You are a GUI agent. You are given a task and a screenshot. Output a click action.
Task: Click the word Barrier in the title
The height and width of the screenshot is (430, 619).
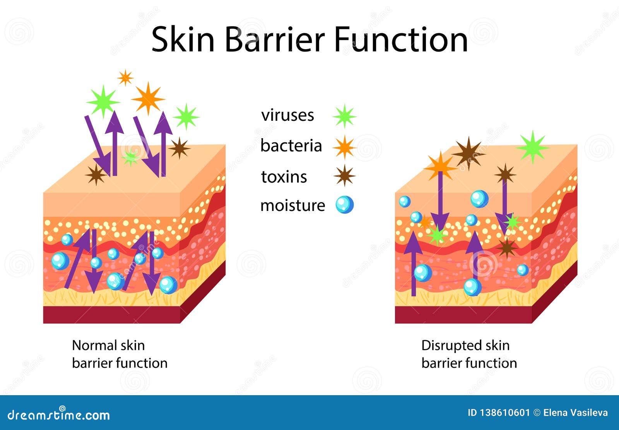pyautogui.click(x=275, y=39)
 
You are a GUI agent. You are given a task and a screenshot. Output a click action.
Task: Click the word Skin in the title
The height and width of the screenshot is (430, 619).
pyautogui.click(x=183, y=39)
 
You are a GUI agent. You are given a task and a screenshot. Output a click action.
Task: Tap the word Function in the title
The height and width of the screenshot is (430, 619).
pyautogui.click(x=401, y=39)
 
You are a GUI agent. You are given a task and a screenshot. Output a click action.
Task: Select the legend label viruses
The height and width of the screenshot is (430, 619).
pyautogui.click(x=287, y=115)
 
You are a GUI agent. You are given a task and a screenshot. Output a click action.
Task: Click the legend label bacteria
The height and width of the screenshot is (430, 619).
pyautogui.click(x=291, y=146)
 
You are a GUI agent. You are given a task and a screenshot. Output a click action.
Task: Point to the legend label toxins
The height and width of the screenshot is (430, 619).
pyautogui.click(x=284, y=177)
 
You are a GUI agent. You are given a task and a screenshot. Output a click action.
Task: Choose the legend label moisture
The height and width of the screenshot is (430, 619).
pyautogui.click(x=292, y=206)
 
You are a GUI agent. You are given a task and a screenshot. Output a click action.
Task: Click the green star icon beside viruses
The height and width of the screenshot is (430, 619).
pyautogui.click(x=344, y=116)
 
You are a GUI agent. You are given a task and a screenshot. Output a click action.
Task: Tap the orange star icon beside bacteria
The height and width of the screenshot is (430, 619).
pyautogui.click(x=344, y=147)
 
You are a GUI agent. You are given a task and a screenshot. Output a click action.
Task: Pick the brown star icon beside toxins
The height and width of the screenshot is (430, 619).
pyautogui.click(x=344, y=176)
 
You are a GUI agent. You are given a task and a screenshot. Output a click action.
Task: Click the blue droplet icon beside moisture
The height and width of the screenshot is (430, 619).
pyautogui.click(x=345, y=205)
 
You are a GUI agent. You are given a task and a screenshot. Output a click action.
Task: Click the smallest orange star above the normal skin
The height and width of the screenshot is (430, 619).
pyautogui.click(x=125, y=77)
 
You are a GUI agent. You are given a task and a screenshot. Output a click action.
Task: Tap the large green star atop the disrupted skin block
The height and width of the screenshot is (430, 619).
pyautogui.click(x=533, y=147)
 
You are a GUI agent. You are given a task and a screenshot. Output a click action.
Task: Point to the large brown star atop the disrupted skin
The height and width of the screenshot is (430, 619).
pyautogui.click(x=469, y=154)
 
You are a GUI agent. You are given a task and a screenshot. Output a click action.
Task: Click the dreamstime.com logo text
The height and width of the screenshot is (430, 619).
pyautogui.click(x=58, y=415)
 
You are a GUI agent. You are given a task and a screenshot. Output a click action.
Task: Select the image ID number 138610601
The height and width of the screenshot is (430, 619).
pyautogui.click(x=499, y=413)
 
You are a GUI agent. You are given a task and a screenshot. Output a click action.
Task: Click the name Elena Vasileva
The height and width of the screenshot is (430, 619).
pyautogui.click(x=575, y=413)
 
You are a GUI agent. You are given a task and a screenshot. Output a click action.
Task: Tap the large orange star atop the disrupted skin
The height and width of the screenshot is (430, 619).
pyautogui.click(x=440, y=166)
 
